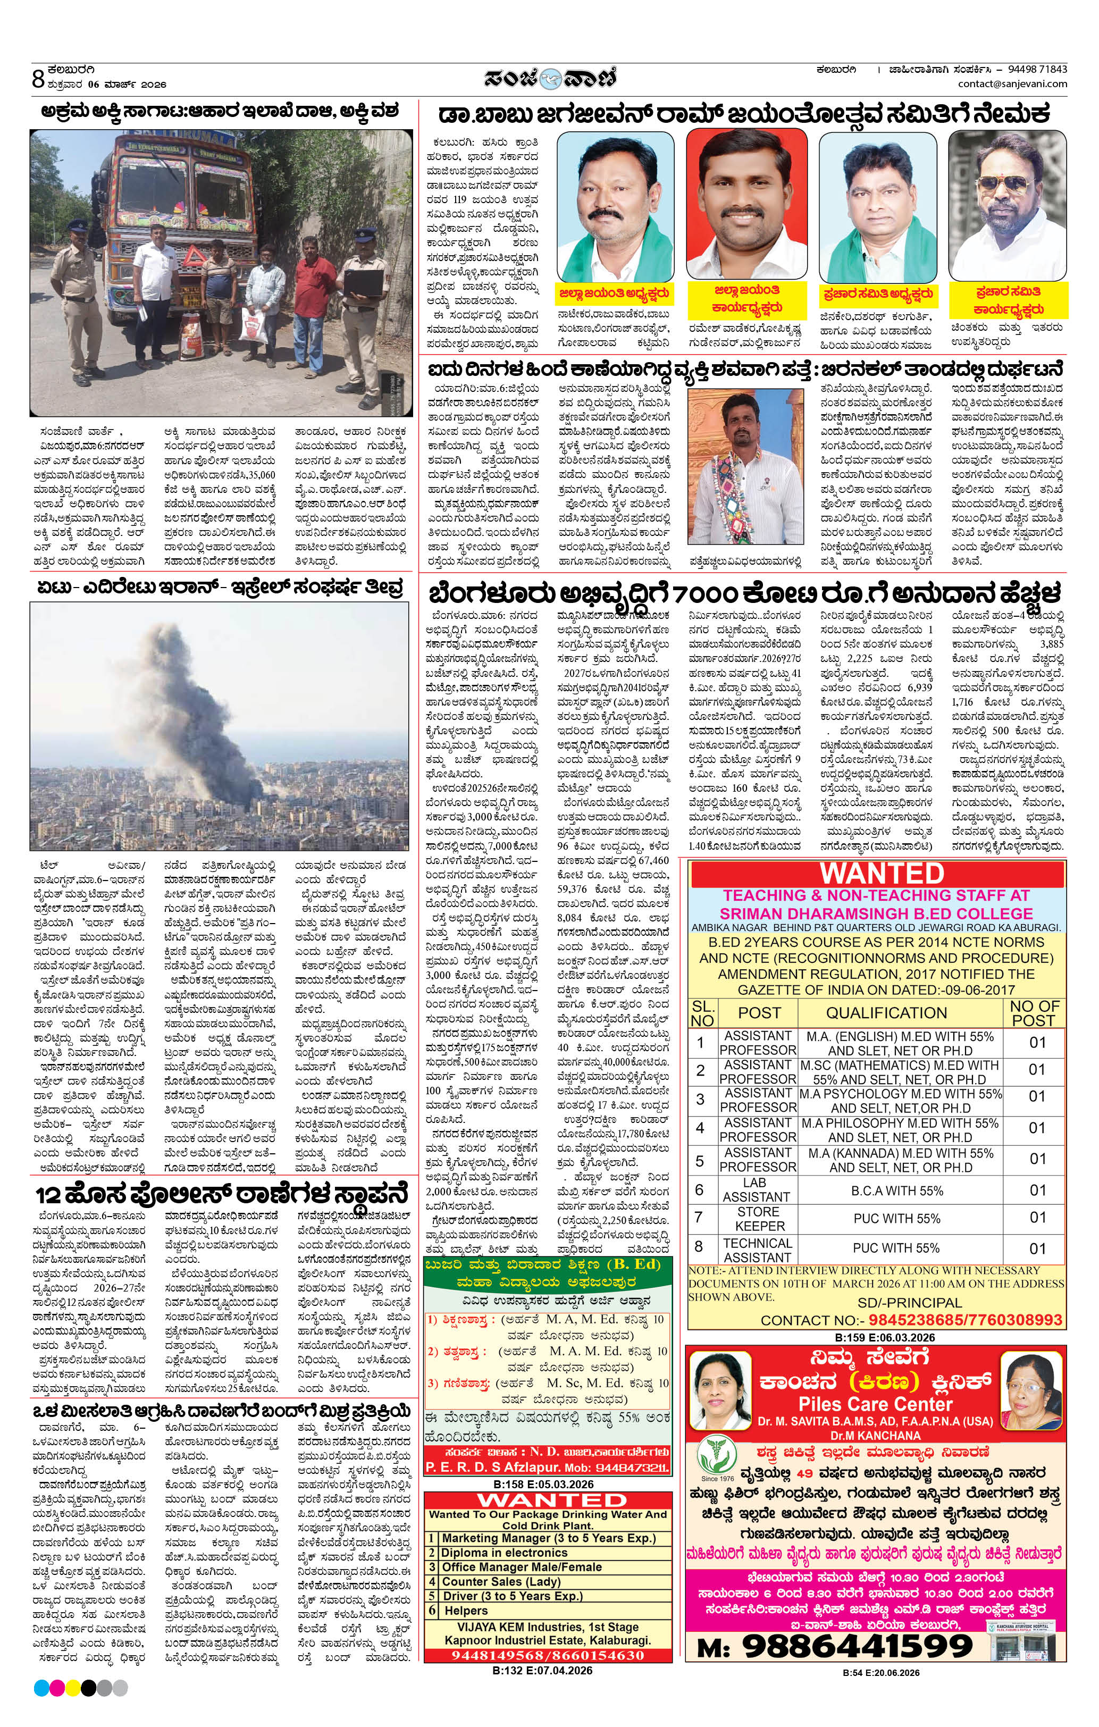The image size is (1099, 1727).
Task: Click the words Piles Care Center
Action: [875, 1404]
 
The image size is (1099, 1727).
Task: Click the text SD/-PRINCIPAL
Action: [909, 1302]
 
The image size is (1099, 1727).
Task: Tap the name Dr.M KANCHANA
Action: [875, 1435]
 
